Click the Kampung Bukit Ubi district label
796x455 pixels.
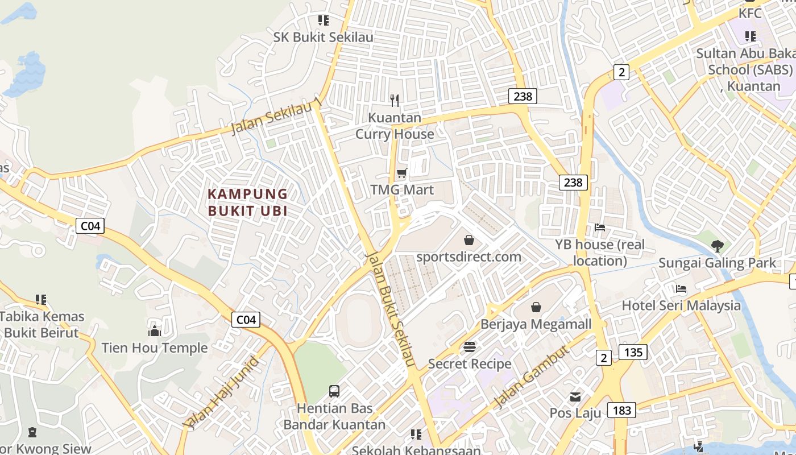click(x=247, y=202)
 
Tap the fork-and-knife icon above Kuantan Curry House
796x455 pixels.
click(x=395, y=101)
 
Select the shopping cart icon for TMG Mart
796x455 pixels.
click(x=402, y=173)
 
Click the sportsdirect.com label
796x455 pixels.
click(x=469, y=257)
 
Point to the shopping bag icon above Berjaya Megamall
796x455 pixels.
click(x=536, y=308)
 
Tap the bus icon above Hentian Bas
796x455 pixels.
click(x=334, y=391)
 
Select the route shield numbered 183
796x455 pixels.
click(x=621, y=409)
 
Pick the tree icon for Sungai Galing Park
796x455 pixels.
click(x=717, y=246)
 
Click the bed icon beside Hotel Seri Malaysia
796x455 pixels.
click(x=681, y=289)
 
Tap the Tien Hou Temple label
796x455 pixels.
click(x=155, y=348)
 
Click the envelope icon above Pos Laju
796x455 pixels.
click(x=575, y=396)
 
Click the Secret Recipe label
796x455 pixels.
click(x=470, y=363)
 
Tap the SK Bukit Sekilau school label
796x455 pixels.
click(x=324, y=37)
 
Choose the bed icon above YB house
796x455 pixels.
click(x=600, y=227)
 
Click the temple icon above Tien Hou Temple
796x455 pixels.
click(x=155, y=331)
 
